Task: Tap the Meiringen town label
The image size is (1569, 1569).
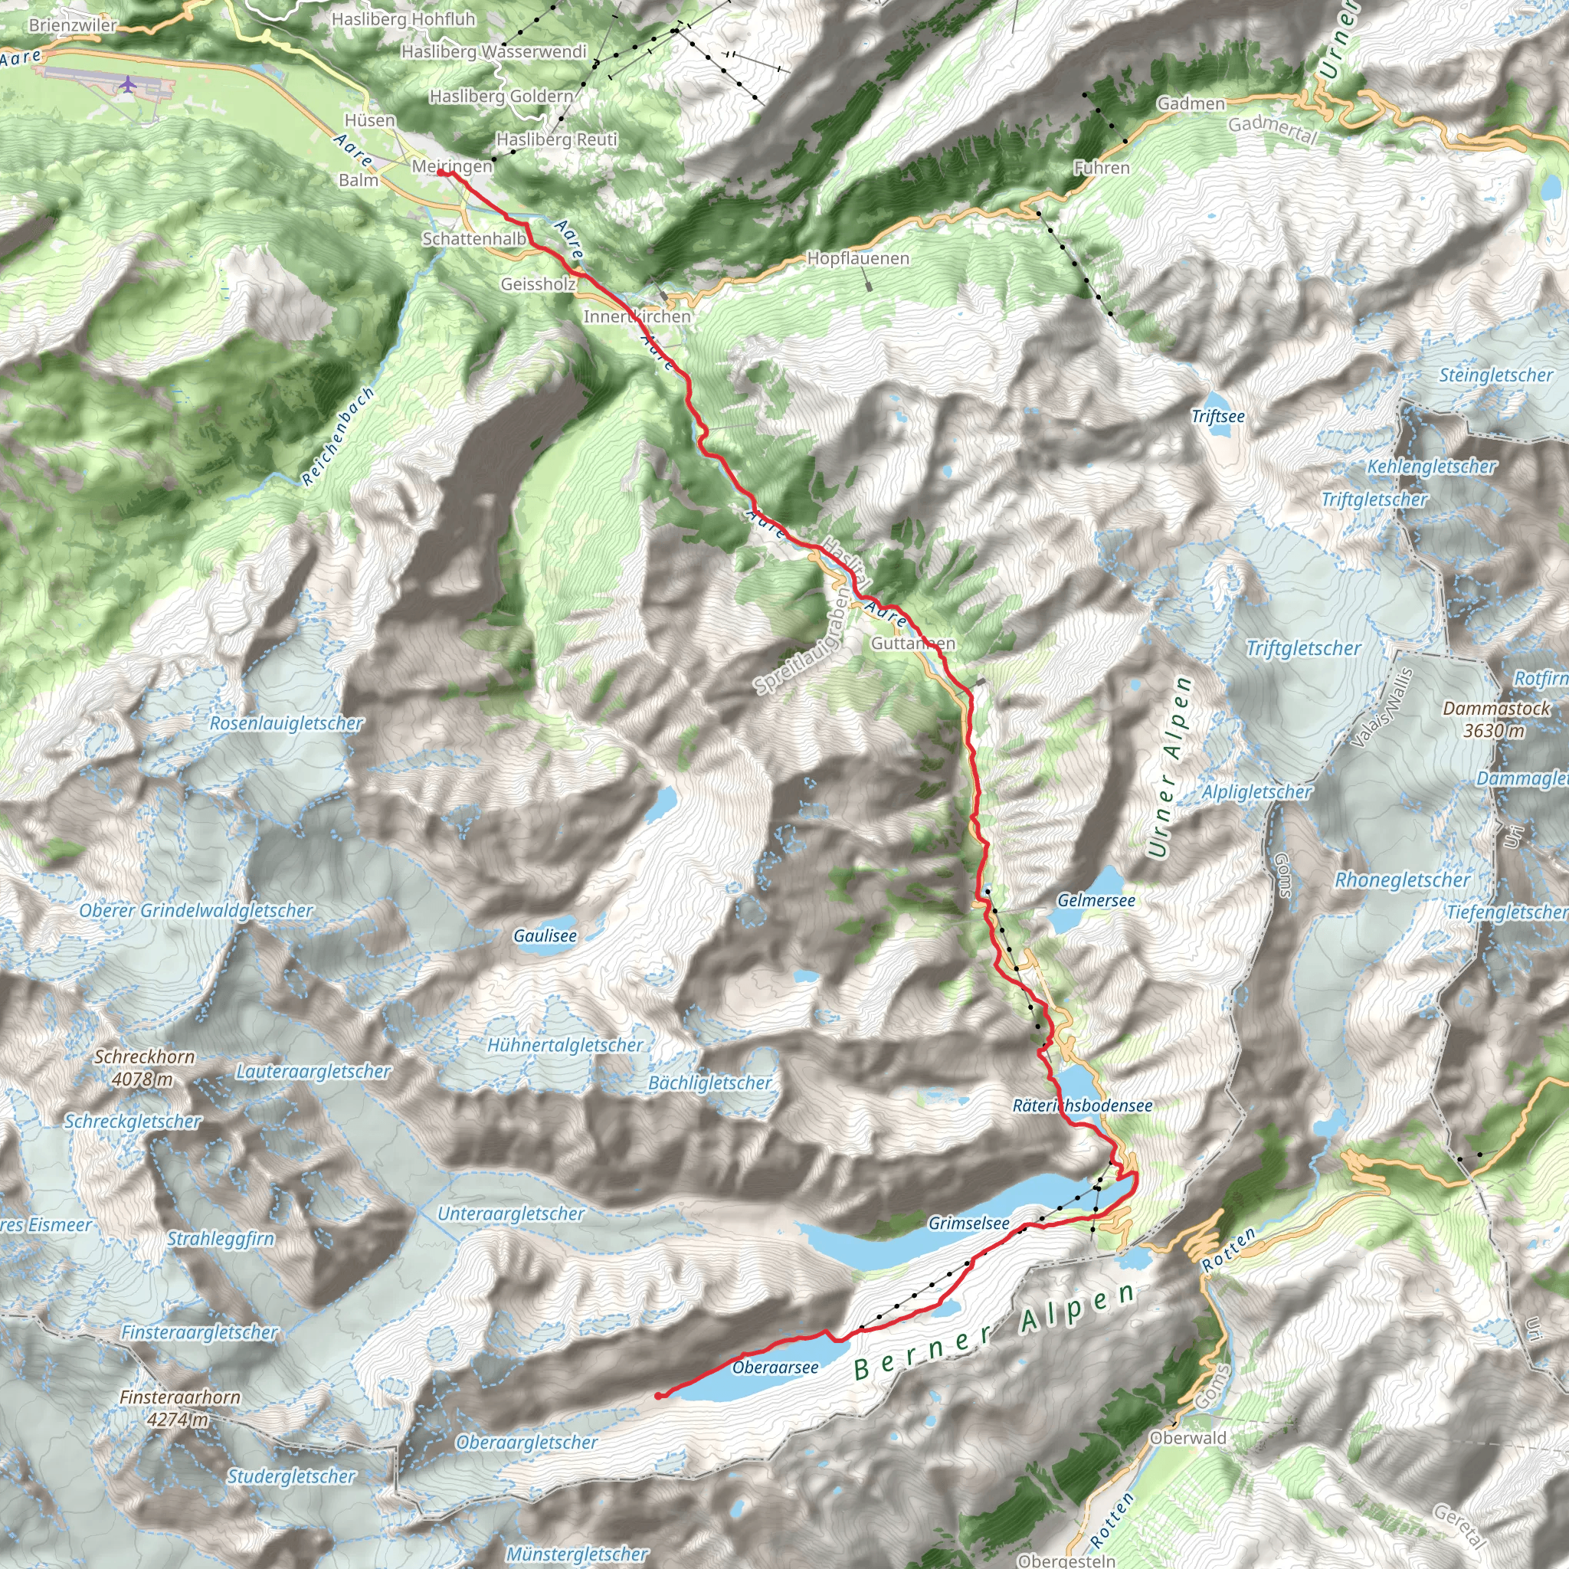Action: [451, 165]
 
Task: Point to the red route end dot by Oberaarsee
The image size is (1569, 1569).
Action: [657, 1395]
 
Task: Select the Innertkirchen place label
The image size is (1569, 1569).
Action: [637, 316]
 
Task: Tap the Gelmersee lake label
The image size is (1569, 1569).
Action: [1096, 900]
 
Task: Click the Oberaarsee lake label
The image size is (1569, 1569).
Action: [775, 1368]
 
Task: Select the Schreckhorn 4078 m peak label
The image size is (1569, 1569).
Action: [145, 1067]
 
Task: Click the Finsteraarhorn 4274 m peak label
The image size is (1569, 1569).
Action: [179, 1408]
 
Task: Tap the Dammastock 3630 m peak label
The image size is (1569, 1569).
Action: [1495, 719]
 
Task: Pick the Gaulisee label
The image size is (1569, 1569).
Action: [545, 935]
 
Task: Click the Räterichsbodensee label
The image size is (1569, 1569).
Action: [1082, 1106]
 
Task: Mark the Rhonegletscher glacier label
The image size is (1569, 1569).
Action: [1402, 879]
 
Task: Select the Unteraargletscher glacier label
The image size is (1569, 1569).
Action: [510, 1214]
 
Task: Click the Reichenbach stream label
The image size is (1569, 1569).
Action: [338, 437]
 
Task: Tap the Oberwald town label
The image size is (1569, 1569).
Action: [1187, 1437]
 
